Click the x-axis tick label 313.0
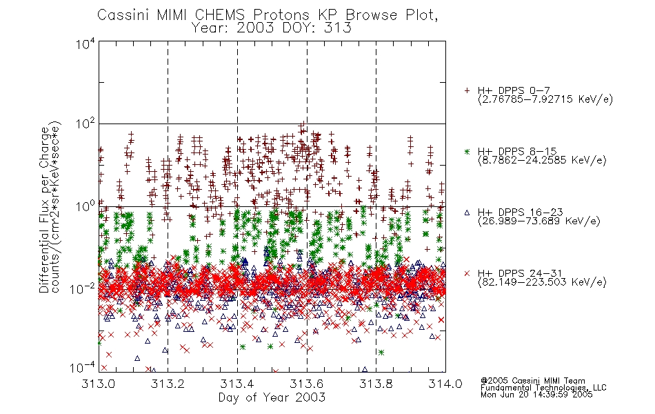(98, 384)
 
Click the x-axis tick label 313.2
(168, 384)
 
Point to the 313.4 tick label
(237, 384)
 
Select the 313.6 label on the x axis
(307, 384)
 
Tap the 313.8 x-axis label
(376, 384)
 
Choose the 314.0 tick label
(445, 384)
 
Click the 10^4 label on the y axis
(85, 44)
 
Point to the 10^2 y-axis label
(85, 124)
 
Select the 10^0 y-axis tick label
(85, 206)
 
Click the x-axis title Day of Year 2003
(272, 397)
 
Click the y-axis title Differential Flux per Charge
(44, 210)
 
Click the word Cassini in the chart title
(123, 15)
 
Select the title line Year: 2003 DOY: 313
(272, 28)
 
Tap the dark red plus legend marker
(467, 90)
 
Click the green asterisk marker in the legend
(467, 151)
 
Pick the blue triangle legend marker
(467, 213)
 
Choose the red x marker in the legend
(467, 273)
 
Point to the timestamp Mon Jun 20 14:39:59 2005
(536, 395)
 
